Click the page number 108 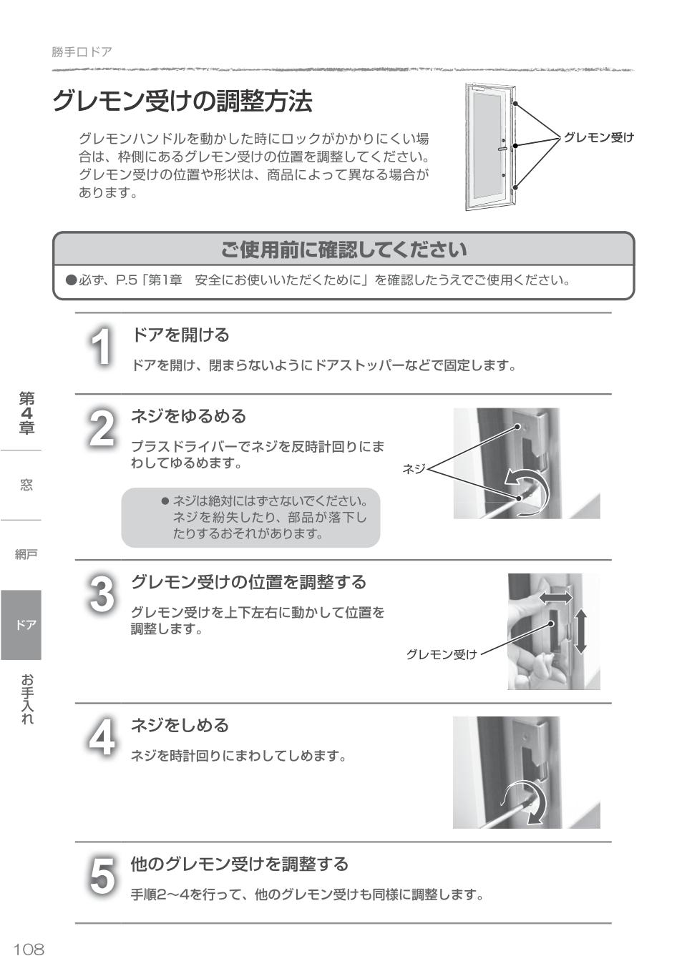point(29,949)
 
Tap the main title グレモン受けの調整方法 point(182,102)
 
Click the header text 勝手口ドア point(82,52)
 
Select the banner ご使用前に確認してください point(343,250)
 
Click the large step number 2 point(102,428)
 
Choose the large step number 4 point(102,737)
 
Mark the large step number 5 point(102,876)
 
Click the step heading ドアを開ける point(180,335)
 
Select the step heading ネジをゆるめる point(188,416)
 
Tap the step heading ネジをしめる point(180,725)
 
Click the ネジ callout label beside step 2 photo point(414,469)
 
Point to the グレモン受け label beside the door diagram point(598,137)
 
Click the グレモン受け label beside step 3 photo point(441,654)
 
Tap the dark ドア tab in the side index point(21,624)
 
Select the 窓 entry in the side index point(26,485)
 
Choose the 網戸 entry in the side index point(26,554)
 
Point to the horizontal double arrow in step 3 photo point(555,597)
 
